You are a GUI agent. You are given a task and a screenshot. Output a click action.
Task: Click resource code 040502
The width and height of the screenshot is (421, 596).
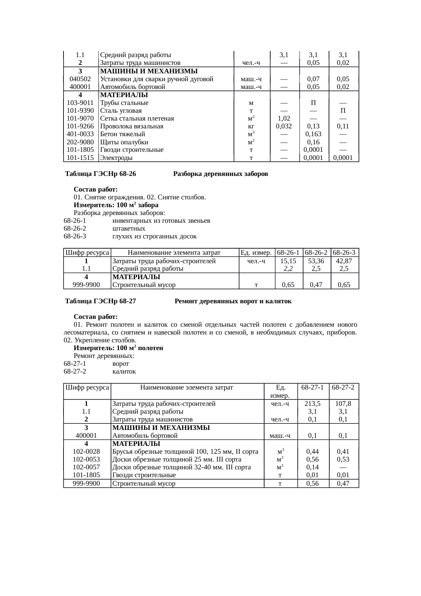click(80, 79)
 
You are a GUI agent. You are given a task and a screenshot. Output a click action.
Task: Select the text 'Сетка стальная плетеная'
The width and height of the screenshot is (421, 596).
click(137, 119)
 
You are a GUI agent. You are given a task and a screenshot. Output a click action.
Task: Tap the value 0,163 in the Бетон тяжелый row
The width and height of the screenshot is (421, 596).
click(313, 134)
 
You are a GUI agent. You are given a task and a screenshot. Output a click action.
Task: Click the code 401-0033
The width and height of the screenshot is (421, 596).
click(80, 134)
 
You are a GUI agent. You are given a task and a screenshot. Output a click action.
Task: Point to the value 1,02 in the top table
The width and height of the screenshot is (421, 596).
click(284, 119)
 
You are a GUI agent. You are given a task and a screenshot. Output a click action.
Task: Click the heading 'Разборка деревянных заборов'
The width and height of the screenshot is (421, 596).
click(220, 174)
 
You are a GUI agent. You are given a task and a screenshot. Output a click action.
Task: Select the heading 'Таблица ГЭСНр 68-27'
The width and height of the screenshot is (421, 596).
click(100, 302)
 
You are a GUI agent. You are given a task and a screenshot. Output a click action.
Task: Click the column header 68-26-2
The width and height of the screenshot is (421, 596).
click(316, 253)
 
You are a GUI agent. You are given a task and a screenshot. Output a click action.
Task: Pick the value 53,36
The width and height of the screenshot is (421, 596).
click(316, 261)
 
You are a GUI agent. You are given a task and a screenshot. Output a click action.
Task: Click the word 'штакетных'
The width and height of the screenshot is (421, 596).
click(129, 229)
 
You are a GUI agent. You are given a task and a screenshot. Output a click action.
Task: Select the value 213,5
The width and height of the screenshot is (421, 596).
click(313, 404)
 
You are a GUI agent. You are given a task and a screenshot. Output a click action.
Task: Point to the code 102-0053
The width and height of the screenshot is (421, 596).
click(86, 459)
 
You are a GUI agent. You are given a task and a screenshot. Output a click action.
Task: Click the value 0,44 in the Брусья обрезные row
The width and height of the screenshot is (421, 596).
click(312, 452)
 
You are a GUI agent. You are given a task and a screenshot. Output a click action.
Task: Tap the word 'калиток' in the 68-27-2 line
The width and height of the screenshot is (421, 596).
click(124, 372)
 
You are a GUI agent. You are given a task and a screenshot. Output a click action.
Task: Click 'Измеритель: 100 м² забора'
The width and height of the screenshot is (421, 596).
click(116, 205)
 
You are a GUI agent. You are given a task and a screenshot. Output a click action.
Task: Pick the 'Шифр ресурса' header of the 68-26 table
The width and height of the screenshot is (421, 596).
click(87, 253)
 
